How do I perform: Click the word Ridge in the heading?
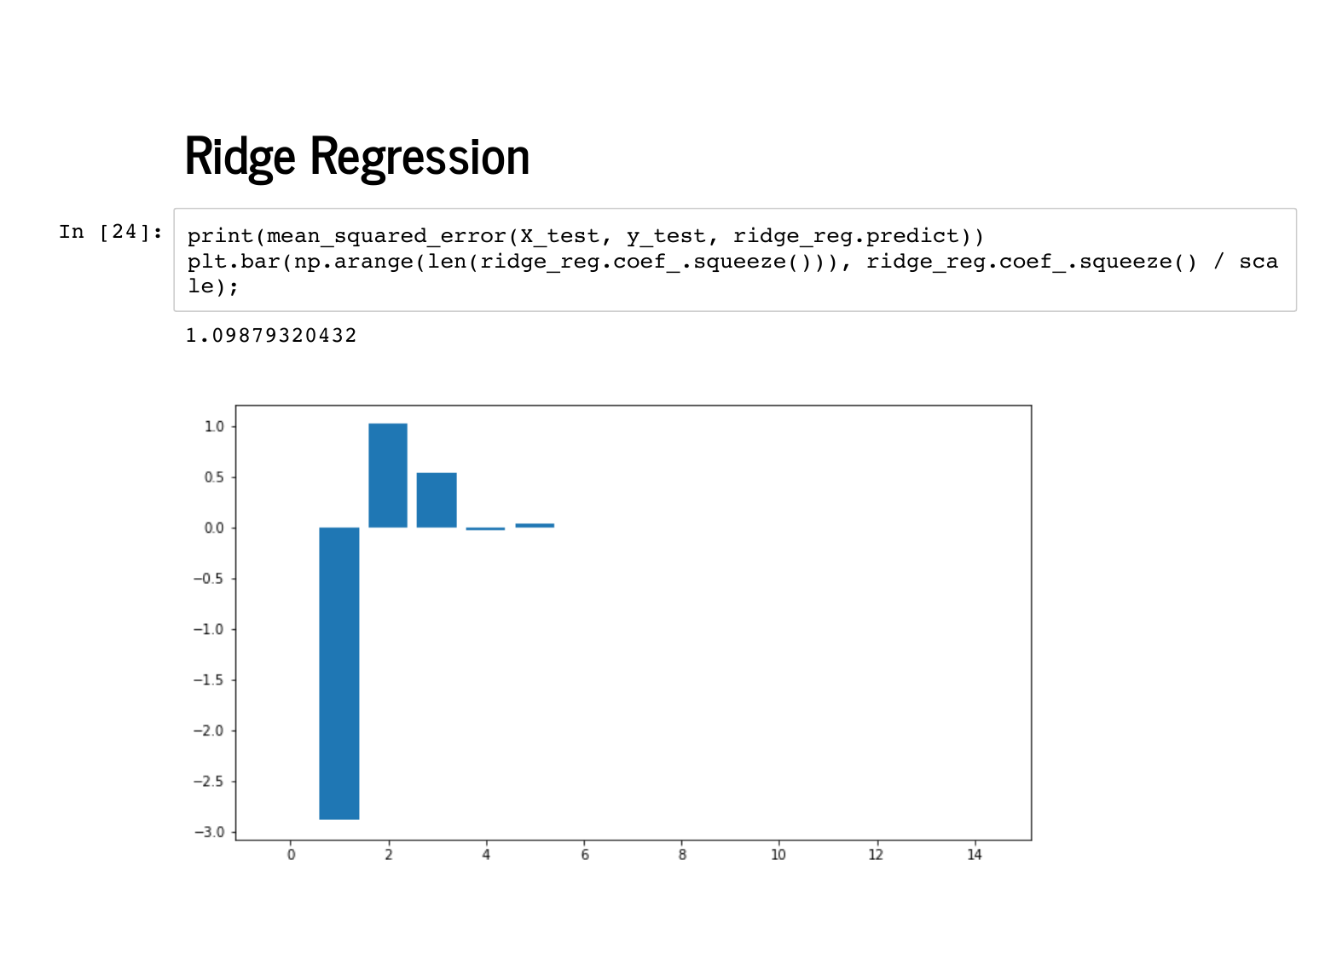point(240,158)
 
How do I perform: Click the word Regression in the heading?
point(420,158)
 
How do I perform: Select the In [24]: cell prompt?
point(111,232)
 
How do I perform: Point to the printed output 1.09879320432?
point(271,336)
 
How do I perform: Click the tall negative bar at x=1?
point(339,673)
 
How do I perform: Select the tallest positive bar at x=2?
point(387,476)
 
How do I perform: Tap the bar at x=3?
point(437,500)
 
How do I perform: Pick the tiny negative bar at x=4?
point(485,528)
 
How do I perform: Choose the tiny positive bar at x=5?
point(534,525)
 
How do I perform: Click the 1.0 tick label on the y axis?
point(214,426)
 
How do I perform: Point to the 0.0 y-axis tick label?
point(214,528)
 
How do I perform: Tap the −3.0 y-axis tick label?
point(209,832)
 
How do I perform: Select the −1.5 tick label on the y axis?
point(209,679)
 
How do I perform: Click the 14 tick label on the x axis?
point(974,855)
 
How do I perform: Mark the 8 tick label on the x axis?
point(682,855)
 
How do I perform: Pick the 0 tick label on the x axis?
point(291,855)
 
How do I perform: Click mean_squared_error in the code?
point(387,236)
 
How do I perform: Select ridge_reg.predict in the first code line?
point(846,236)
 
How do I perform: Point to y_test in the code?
point(665,236)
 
